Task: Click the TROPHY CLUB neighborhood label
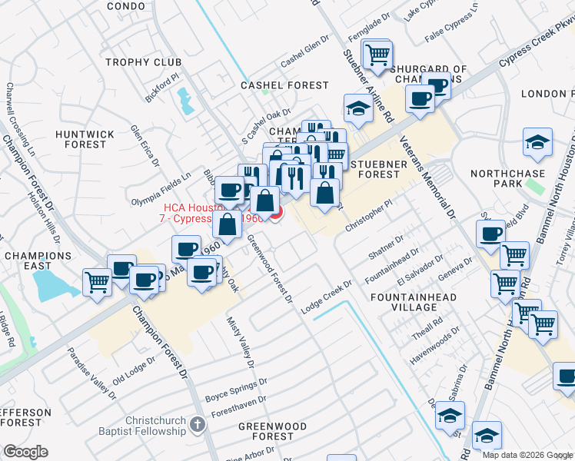(143, 62)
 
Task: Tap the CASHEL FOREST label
(285, 85)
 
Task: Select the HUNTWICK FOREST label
(85, 139)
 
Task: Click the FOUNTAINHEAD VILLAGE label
(414, 302)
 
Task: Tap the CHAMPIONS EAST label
(38, 260)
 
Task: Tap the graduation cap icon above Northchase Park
(537, 141)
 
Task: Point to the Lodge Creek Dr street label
(325, 296)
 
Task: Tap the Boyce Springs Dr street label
(235, 390)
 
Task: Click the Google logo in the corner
(25, 451)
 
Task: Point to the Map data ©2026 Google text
(527, 455)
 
